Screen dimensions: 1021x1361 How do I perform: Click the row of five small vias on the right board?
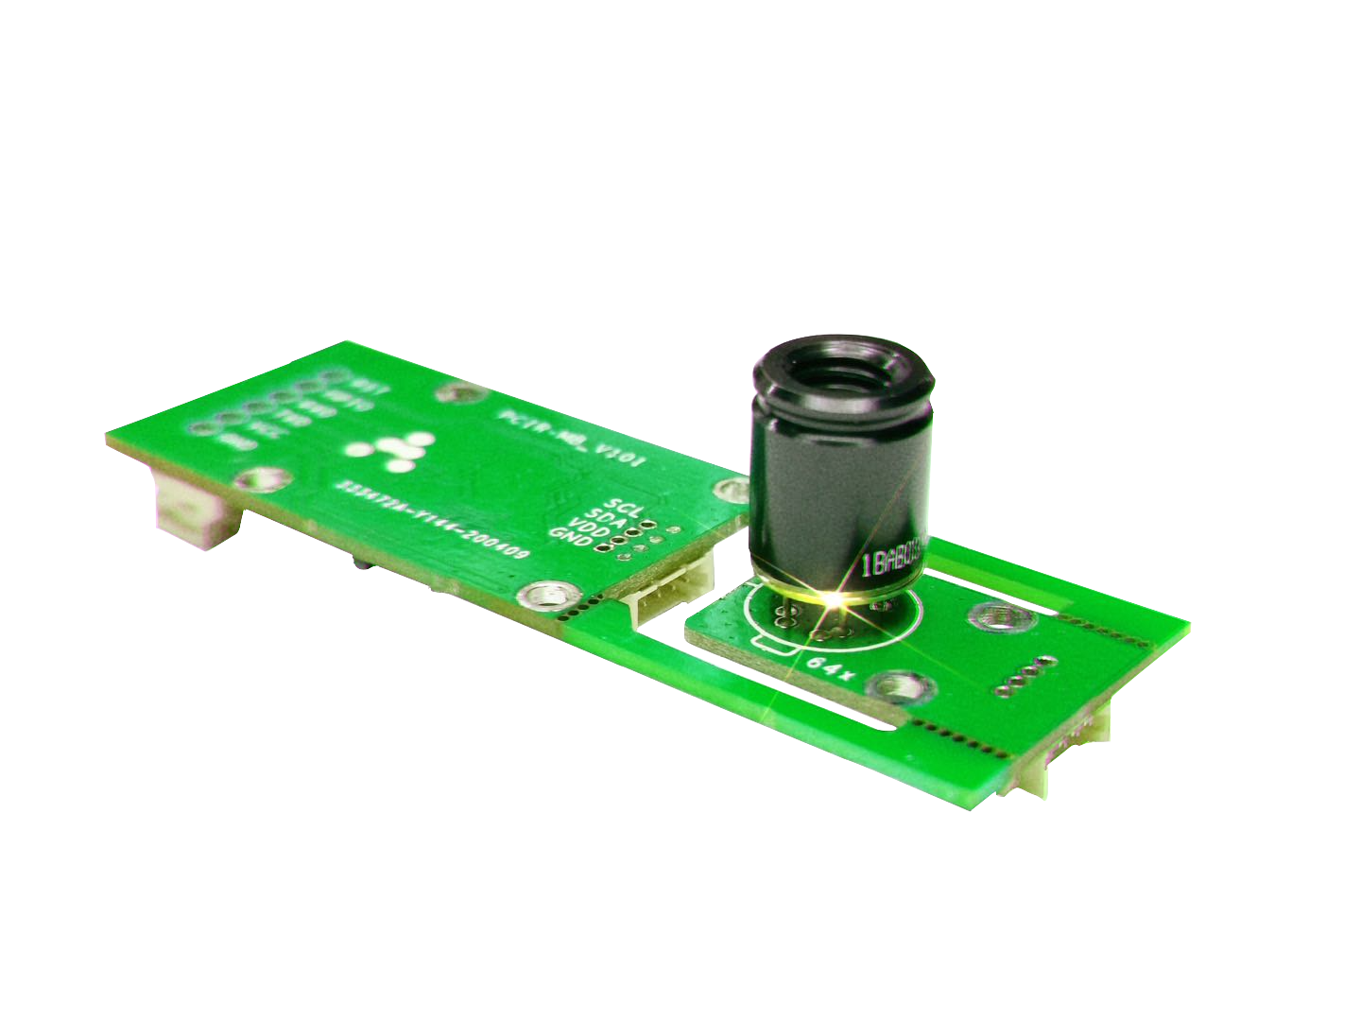tap(1024, 674)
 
